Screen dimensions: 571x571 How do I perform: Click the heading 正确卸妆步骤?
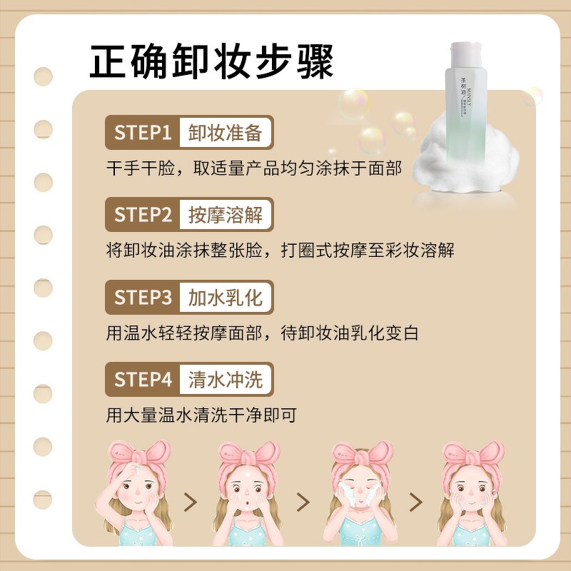click(212, 62)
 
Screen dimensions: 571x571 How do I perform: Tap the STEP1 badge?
click(143, 133)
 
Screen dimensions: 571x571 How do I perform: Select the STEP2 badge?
click(143, 214)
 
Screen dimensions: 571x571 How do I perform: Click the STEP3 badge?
click(143, 297)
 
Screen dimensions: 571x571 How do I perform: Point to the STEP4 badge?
click(143, 380)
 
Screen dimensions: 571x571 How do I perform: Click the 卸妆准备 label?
click(226, 133)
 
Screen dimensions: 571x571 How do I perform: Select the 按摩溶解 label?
click(226, 214)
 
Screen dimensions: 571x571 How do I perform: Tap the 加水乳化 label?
click(226, 297)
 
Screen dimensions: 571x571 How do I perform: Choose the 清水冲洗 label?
click(226, 380)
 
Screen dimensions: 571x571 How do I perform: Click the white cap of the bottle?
click(468, 56)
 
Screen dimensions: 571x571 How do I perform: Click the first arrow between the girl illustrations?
click(190, 502)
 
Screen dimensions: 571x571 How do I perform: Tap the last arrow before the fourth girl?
click(415, 502)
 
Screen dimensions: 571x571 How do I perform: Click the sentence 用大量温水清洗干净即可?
click(201, 415)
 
